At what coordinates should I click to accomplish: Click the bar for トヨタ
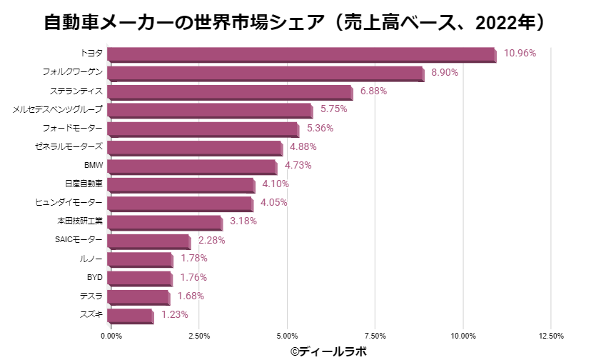click(x=303, y=54)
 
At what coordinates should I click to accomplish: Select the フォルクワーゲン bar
click(x=267, y=73)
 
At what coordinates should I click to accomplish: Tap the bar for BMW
click(x=193, y=166)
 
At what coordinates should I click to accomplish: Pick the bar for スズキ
click(x=131, y=315)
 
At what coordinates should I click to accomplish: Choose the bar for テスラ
click(x=139, y=296)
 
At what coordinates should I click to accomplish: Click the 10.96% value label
click(x=520, y=53)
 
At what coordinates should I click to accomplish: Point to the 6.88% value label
click(x=374, y=91)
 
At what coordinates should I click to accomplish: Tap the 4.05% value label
click(x=274, y=202)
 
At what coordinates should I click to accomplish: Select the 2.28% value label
click(x=212, y=240)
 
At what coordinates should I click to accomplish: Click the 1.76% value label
click(x=193, y=277)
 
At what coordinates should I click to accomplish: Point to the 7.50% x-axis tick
click(x=375, y=336)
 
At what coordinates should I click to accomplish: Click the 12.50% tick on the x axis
click(x=551, y=336)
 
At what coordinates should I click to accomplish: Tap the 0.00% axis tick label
click(x=111, y=336)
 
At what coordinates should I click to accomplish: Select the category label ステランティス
click(x=76, y=91)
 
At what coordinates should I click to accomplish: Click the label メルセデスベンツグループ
click(x=58, y=109)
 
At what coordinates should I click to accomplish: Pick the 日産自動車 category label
click(x=84, y=184)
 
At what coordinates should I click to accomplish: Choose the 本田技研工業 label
click(x=80, y=221)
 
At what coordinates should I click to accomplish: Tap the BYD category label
click(x=94, y=277)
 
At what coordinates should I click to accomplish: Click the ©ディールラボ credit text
click(x=328, y=351)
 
